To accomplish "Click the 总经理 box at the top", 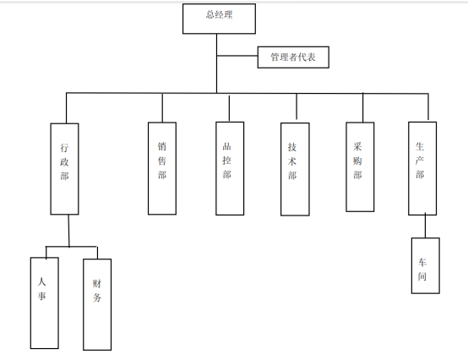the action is (x=219, y=19).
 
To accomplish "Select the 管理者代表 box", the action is (x=293, y=57).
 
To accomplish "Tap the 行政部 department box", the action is (x=64, y=169).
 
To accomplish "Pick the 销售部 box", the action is (x=162, y=168).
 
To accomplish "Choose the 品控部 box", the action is (x=230, y=168).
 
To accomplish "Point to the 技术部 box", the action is (x=295, y=169).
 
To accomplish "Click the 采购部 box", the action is (x=360, y=166).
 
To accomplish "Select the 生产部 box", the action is (x=422, y=168).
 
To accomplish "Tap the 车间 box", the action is (x=425, y=265).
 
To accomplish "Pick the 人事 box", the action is (x=45, y=303).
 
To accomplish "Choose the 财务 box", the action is (x=97, y=304).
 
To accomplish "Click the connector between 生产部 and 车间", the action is (x=425, y=226).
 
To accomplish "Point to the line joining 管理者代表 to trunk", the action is (x=237, y=56).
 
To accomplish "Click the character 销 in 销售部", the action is (x=161, y=146).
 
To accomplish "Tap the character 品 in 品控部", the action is (x=227, y=146).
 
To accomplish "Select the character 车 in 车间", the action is (x=422, y=262).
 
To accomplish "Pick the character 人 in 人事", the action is (x=41, y=281).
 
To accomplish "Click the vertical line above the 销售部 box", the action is (x=162, y=108).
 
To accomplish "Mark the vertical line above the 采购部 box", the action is (x=363, y=107).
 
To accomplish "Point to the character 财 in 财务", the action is (x=96, y=283).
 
